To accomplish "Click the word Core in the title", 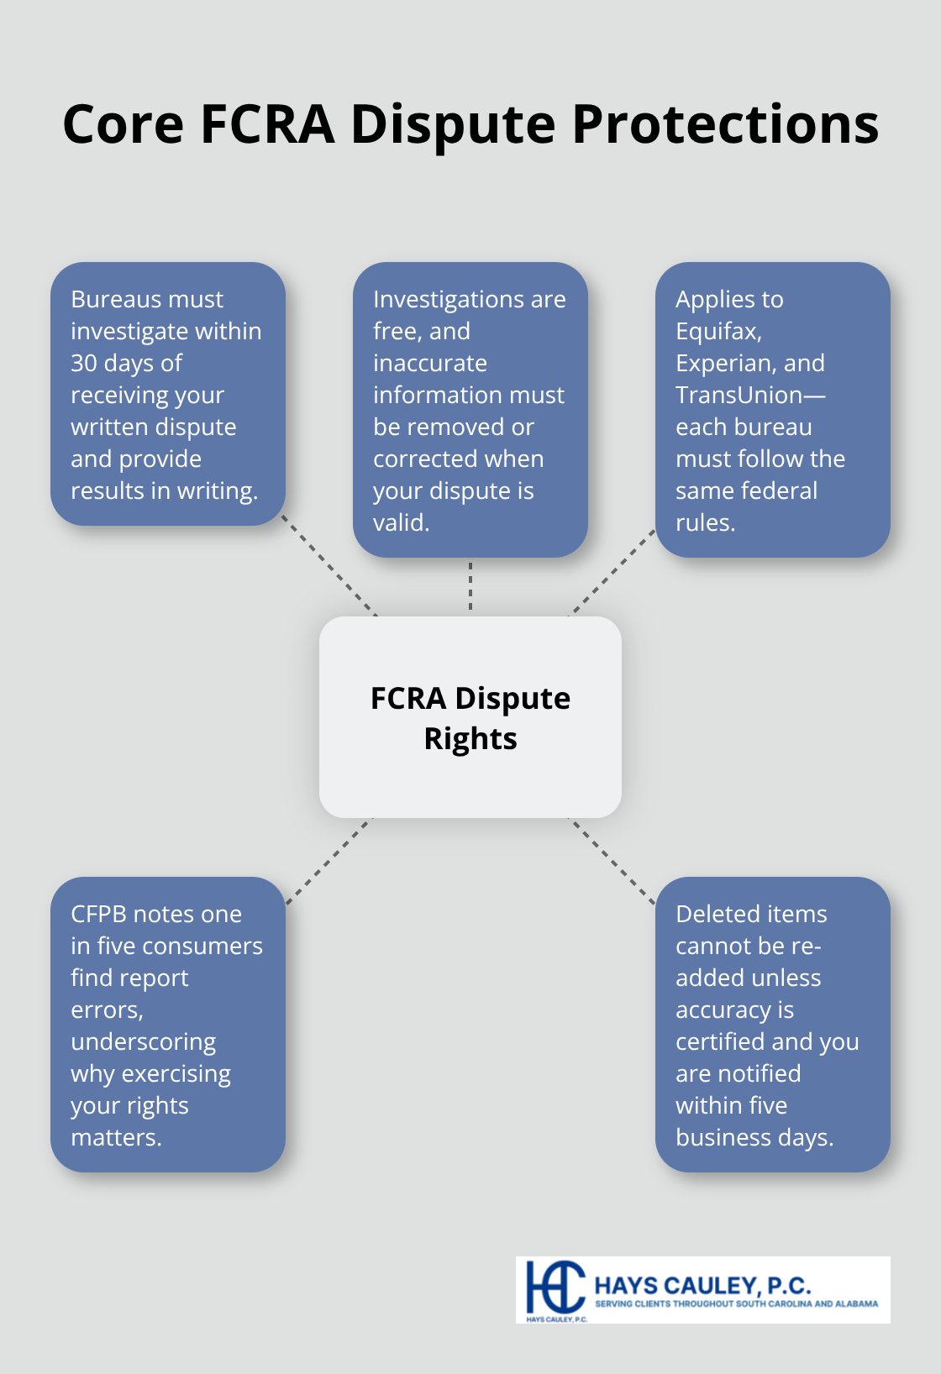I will click(x=123, y=124).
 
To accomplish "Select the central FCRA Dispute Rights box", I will click(x=470, y=717).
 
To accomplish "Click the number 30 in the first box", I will click(x=84, y=363).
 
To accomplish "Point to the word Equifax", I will click(x=718, y=331).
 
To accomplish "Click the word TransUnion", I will click(x=739, y=395).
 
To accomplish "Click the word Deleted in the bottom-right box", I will click(x=717, y=914).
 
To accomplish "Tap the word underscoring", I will click(x=143, y=1041).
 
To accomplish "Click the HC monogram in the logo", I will click(x=555, y=1287).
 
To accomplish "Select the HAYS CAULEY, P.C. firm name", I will click(x=702, y=1285).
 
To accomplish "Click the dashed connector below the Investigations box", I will click(x=470, y=586).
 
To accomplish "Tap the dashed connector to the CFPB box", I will click(x=329, y=862).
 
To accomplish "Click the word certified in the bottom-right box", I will click(x=720, y=1041).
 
